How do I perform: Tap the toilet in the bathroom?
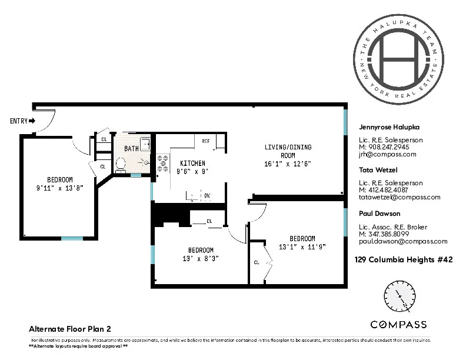121,164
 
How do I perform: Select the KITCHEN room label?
192,163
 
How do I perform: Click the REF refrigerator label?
206,142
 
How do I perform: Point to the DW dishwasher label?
207,195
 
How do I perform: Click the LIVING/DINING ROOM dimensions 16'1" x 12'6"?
288,164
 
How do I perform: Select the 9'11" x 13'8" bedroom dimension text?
60,188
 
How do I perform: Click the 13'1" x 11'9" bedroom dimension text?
301,246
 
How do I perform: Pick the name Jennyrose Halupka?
389,126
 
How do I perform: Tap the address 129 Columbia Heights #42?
404,259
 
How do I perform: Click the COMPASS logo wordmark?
398,324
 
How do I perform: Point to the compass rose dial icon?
398,297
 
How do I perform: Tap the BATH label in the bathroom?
131,149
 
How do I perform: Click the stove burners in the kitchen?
160,163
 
